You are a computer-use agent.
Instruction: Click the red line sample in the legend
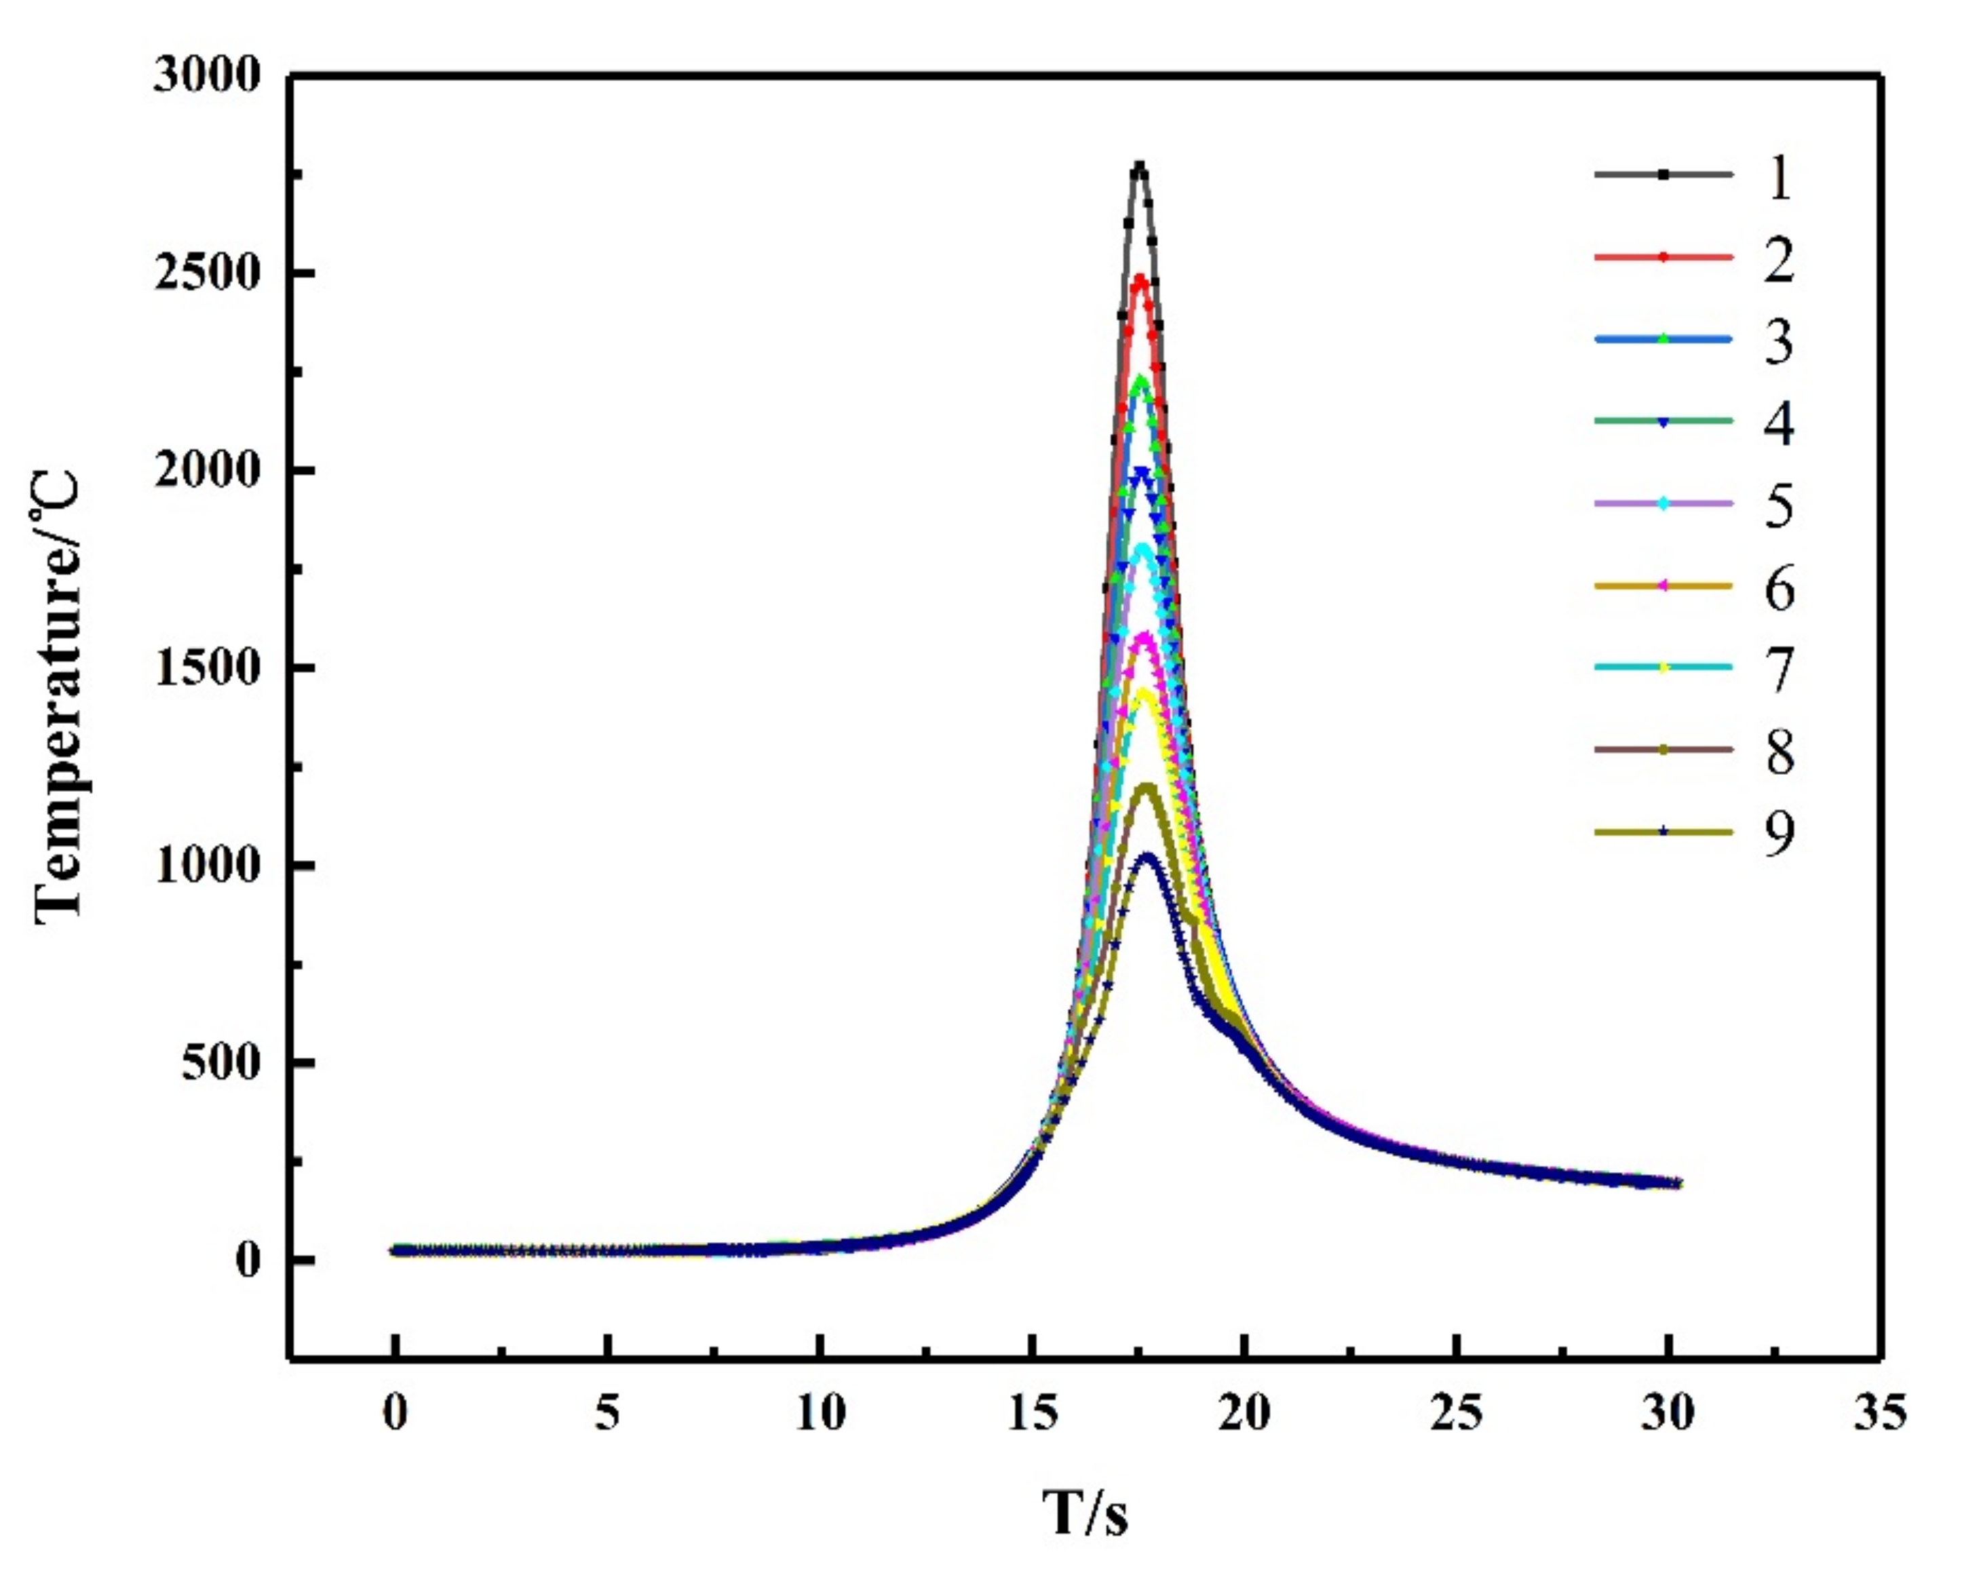[x=1663, y=257]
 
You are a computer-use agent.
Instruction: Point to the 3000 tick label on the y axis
[x=208, y=75]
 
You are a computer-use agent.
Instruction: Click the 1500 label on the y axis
[x=208, y=669]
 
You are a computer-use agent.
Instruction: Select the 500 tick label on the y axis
[x=220, y=1064]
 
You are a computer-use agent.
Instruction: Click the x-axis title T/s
[x=1085, y=1513]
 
